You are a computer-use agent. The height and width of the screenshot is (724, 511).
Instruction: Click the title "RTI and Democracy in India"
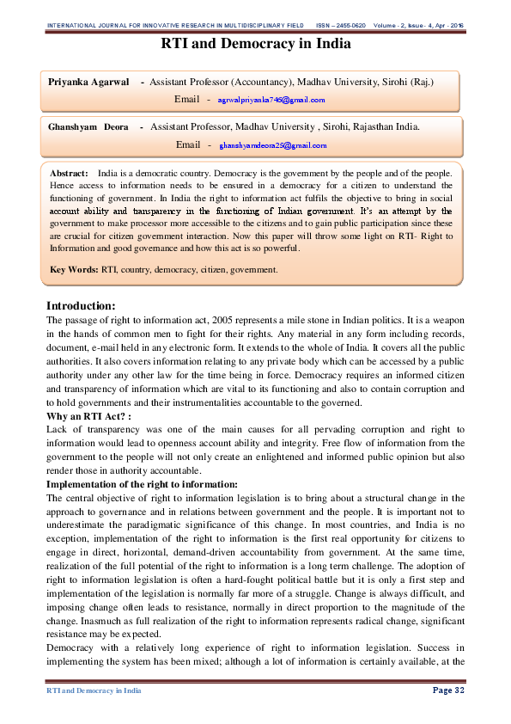(x=255, y=44)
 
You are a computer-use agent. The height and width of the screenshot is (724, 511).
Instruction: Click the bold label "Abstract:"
(x=70, y=174)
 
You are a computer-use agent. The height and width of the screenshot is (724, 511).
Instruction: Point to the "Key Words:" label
(x=74, y=270)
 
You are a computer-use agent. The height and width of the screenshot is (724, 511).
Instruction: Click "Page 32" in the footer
(x=447, y=690)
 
